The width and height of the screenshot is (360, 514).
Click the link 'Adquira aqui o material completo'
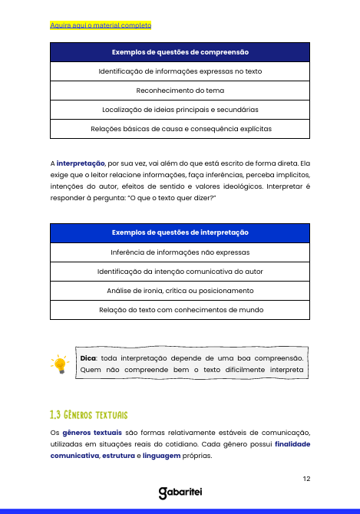tap(101, 25)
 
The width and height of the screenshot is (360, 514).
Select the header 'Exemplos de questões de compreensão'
tap(180, 52)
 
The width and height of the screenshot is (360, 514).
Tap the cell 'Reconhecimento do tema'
tap(180, 91)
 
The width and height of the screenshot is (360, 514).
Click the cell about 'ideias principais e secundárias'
tap(180, 110)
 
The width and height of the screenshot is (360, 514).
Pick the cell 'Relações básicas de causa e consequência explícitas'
tap(180, 129)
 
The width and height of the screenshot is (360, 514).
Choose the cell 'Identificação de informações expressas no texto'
tap(180, 71)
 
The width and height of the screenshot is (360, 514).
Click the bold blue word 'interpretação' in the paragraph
tap(81, 163)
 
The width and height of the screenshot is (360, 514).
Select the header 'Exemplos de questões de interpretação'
tap(180, 232)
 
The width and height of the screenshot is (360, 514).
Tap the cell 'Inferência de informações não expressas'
tap(180, 252)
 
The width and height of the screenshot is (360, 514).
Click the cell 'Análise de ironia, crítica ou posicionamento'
tap(180, 291)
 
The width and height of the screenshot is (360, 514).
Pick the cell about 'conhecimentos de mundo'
tap(180, 310)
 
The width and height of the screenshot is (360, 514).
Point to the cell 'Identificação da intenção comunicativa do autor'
tap(180, 272)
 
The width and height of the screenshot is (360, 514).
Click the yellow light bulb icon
tap(59, 365)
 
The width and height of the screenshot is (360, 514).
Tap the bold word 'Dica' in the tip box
tap(89, 357)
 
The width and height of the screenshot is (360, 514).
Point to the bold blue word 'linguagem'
tap(162, 455)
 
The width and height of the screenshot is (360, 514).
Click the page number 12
tap(306, 479)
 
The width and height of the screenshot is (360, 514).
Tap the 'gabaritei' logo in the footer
tap(180, 493)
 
